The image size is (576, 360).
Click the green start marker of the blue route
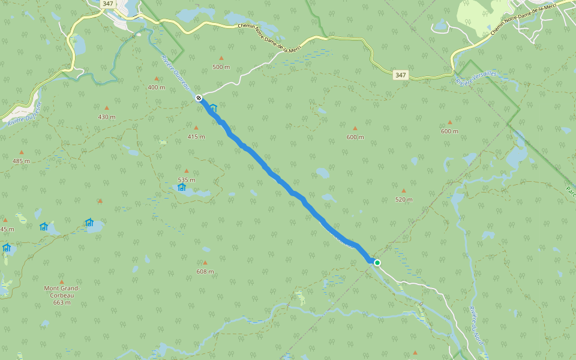coord(377,263)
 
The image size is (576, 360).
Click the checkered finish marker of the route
coord(199,97)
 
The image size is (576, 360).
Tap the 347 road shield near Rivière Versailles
coord(401,75)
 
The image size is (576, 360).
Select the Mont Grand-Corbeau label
coord(62,291)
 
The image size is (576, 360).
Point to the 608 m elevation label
coord(205,272)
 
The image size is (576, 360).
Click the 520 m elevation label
coord(404,199)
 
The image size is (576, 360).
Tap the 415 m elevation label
coord(196,137)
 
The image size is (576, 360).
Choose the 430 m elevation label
coord(107,117)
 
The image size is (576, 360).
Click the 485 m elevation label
coord(21,161)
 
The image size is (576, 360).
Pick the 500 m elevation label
coord(221,67)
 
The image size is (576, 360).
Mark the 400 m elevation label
coord(156,88)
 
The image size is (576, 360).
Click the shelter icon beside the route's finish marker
coord(213,108)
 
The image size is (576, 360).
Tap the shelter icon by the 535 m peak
coord(182,187)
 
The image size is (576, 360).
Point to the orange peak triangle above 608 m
coord(205,263)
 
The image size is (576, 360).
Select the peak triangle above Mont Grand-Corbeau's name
coord(61,281)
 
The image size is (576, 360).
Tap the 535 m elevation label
coord(187,179)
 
